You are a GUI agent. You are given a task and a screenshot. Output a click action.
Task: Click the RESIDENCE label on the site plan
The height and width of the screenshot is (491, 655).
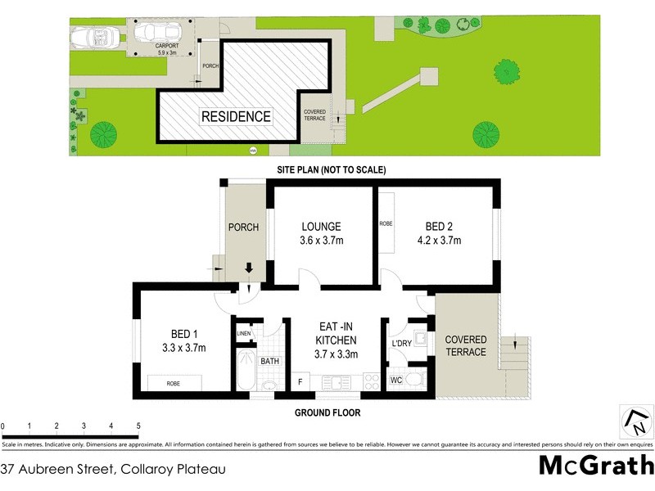(x=236, y=117)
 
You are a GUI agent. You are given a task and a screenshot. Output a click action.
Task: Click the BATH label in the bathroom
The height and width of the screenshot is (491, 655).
(x=270, y=361)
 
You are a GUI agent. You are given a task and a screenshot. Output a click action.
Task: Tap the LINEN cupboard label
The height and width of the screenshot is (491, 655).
(x=244, y=334)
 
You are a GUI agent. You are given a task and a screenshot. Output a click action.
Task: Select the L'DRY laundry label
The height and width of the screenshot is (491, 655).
(x=401, y=344)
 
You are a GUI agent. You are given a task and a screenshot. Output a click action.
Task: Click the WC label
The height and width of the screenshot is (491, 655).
(x=395, y=381)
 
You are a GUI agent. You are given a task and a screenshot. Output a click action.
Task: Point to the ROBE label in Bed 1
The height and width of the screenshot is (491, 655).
(x=173, y=383)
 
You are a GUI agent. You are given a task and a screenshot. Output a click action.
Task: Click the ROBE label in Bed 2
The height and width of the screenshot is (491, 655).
(x=386, y=223)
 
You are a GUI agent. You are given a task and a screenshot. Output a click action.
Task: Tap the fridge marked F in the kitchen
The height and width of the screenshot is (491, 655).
(x=301, y=381)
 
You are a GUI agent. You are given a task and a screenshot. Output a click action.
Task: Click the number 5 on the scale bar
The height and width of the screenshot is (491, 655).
(x=138, y=426)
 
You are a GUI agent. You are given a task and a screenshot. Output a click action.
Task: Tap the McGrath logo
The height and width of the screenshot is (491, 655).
(x=596, y=466)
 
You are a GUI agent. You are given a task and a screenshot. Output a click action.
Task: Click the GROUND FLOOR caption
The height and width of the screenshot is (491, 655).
(x=327, y=413)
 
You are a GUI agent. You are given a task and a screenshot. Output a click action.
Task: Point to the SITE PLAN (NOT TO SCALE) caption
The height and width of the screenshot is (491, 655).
(x=327, y=170)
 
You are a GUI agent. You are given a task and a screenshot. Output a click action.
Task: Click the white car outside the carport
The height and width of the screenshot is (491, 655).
(x=94, y=38)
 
